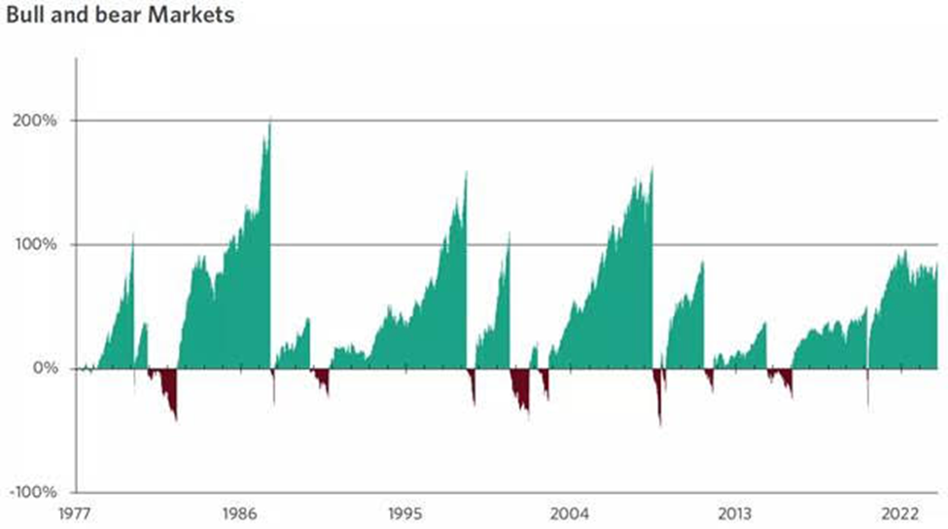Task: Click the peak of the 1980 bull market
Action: (x=133, y=235)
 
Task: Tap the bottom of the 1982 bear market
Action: (x=176, y=419)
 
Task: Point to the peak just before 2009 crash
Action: (x=652, y=170)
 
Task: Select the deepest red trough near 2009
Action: (x=660, y=425)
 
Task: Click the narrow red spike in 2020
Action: (x=867, y=408)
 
